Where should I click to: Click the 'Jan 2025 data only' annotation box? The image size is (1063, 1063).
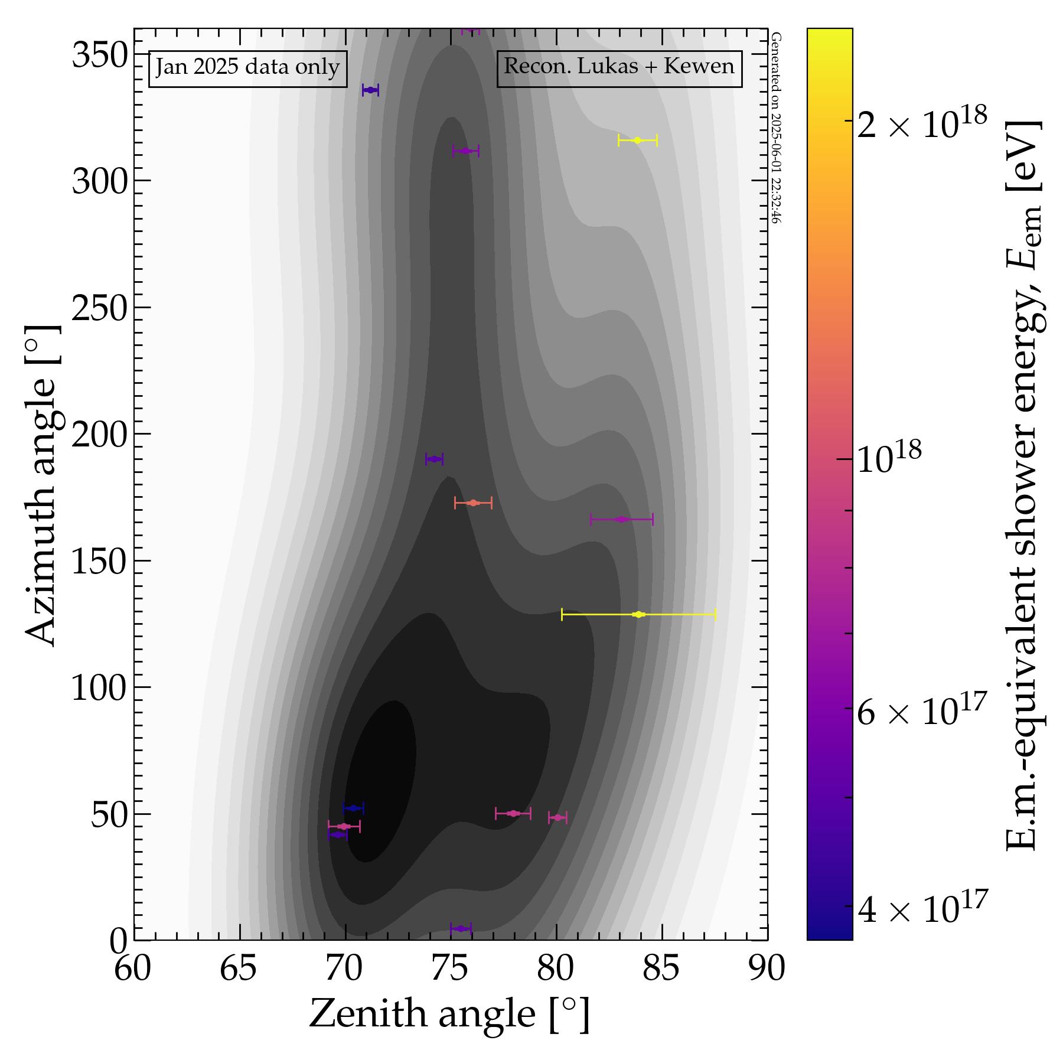pyautogui.click(x=247, y=69)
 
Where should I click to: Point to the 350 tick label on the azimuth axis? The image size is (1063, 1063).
pyautogui.click(x=100, y=57)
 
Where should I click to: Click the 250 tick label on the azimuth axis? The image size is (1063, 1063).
pyautogui.click(x=100, y=308)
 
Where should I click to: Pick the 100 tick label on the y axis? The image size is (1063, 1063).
pyautogui.click(x=100, y=688)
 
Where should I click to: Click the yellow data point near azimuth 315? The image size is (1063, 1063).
pyautogui.click(x=637, y=141)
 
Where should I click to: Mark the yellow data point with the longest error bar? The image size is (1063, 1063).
pyautogui.click(x=638, y=615)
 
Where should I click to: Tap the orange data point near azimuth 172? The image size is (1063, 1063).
pyautogui.click(x=472, y=503)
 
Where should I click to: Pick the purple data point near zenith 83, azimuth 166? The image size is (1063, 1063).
pyautogui.click(x=621, y=520)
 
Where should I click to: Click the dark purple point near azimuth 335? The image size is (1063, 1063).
pyautogui.click(x=370, y=90)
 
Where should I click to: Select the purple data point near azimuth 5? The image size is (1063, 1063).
pyautogui.click(x=461, y=929)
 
